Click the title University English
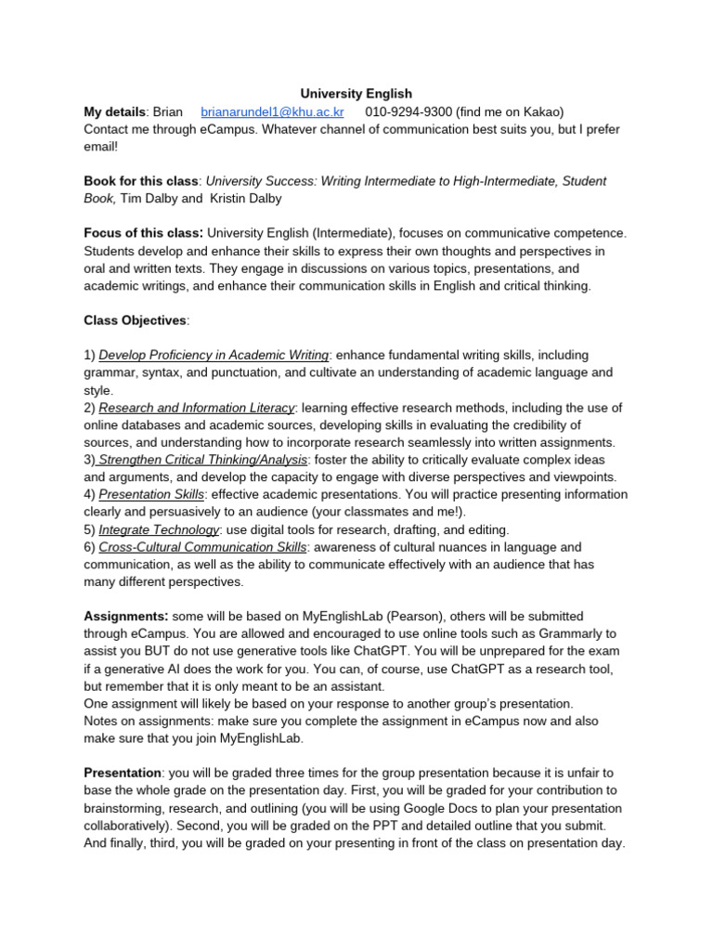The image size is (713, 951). [x=356, y=94]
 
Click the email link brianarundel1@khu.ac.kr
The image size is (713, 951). [x=272, y=111]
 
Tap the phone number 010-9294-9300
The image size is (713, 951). [x=408, y=111]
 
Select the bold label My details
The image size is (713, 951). [x=115, y=111]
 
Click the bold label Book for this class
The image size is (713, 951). [x=141, y=181]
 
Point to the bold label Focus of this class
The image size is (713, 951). [x=143, y=233]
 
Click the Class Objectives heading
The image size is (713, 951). [x=135, y=320]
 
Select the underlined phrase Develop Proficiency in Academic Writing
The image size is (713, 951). [x=214, y=355]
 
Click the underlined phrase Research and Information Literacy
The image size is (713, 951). [x=197, y=408]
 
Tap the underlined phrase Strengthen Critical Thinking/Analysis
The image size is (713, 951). [x=202, y=460]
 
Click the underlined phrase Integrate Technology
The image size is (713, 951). [x=159, y=529]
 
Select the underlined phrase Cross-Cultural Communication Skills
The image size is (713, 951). [x=202, y=547]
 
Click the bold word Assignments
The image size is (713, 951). [x=125, y=617]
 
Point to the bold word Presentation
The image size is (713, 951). [x=123, y=774]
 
